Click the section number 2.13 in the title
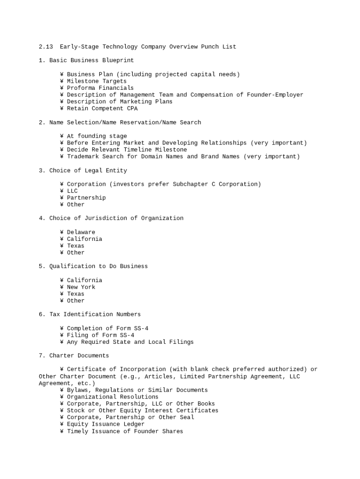[x=46, y=47]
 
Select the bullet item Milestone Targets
[x=96, y=81]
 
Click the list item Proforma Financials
[x=100, y=88]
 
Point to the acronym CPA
[x=132, y=109]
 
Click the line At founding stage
[x=96, y=136]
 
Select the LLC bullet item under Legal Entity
[x=72, y=191]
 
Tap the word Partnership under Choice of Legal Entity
[x=86, y=198]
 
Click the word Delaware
[x=81, y=232]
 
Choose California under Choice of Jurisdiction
[x=84, y=239]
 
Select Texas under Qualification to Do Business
[x=75, y=294]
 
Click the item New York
[x=81, y=287]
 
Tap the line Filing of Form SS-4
[x=100, y=335]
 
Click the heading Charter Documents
[x=79, y=356]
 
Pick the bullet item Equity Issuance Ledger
[x=105, y=424]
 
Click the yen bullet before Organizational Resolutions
[x=62, y=397]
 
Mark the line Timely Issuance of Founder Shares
[x=125, y=431]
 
